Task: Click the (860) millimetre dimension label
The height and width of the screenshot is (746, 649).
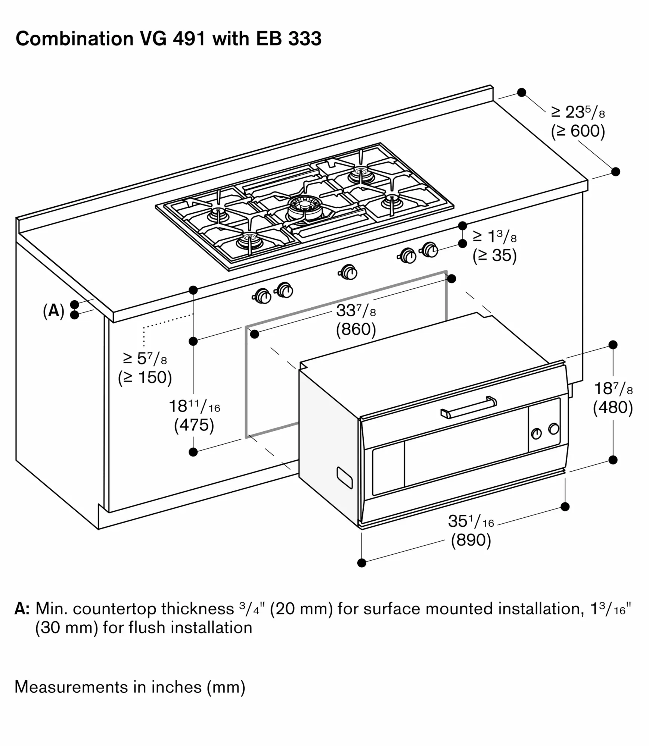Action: (356, 329)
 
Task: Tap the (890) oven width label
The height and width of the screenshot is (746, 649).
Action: (471, 540)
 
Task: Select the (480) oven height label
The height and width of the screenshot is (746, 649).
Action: (613, 407)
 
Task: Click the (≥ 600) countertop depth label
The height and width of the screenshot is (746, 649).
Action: (578, 131)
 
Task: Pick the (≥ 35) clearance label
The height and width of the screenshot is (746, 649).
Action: (494, 256)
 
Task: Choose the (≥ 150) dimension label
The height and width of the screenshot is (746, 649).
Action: (145, 377)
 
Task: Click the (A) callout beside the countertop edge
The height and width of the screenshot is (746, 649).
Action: (54, 310)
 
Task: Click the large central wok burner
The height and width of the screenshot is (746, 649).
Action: (303, 208)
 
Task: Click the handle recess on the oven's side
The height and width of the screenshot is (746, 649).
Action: (344, 477)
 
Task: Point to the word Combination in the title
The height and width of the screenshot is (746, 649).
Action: (74, 38)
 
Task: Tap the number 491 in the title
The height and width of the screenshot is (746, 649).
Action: (189, 38)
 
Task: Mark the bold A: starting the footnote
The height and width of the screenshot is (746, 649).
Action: (22, 609)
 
